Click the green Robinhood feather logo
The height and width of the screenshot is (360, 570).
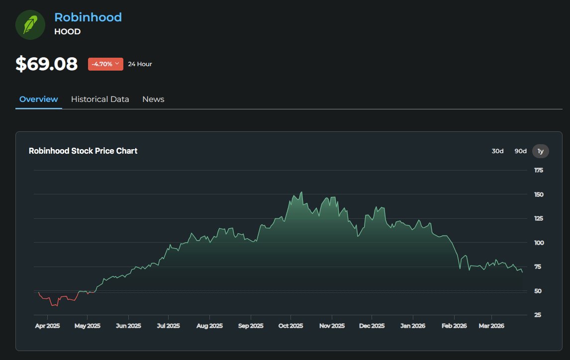point(30,24)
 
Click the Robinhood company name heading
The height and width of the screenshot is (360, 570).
point(88,17)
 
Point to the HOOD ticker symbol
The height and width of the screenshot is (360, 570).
point(67,32)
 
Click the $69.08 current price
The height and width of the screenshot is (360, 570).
point(46,64)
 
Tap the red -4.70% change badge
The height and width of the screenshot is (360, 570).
point(105,64)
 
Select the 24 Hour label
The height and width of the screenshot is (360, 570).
point(140,64)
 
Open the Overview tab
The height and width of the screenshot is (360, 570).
point(39,99)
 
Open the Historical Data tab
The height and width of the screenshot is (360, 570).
point(100,99)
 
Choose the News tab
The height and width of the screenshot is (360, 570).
point(153,99)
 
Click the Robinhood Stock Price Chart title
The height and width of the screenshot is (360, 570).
point(83,151)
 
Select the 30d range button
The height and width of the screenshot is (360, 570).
point(497,151)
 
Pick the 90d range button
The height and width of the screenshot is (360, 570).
point(520,151)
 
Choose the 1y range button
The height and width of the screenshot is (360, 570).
point(541,151)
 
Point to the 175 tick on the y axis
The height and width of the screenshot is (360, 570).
point(539,171)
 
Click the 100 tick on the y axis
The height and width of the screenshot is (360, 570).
point(539,243)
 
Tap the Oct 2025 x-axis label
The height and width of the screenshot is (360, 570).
point(290,326)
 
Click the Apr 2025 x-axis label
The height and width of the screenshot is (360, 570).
point(48,326)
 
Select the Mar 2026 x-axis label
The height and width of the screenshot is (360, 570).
point(491,326)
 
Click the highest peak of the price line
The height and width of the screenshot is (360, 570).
point(301,192)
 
